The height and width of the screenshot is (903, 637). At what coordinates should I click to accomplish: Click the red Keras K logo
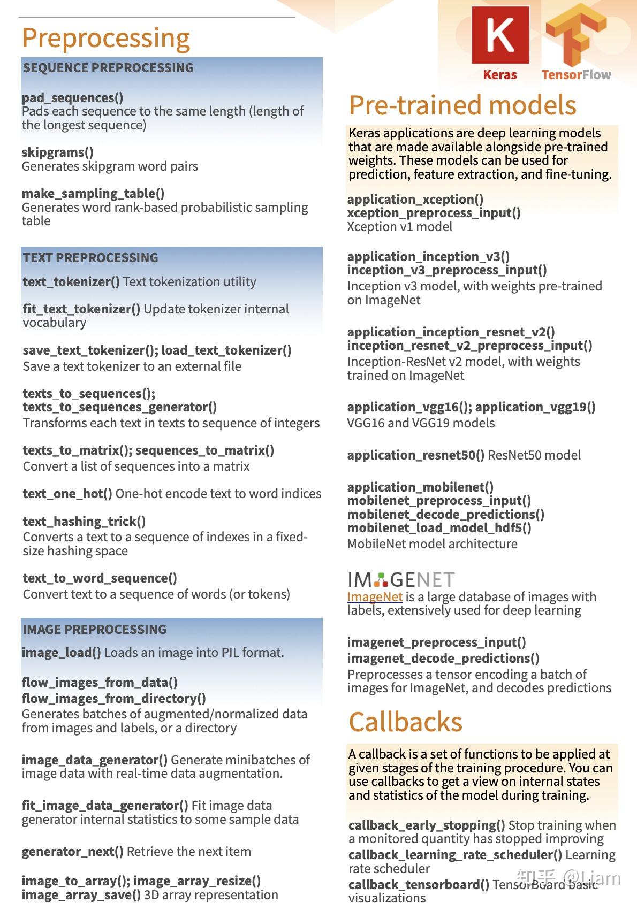tap(500, 36)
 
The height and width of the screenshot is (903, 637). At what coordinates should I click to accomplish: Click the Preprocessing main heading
tap(106, 38)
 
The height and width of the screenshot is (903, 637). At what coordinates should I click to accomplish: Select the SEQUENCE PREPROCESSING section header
tap(108, 68)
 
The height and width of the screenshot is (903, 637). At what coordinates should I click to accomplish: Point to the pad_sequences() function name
tap(72, 98)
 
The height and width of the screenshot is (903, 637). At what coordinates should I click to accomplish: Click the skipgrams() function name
tap(58, 152)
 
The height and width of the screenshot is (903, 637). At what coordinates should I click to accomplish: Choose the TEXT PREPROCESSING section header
tap(90, 258)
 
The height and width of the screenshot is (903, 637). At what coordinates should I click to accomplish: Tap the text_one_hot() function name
tap(67, 494)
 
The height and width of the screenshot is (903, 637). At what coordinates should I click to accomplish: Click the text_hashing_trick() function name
tap(84, 522)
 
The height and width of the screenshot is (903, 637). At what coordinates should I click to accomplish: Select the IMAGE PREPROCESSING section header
tap(95, 630)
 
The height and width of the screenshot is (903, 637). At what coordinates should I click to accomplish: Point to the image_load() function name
tap(62, 653)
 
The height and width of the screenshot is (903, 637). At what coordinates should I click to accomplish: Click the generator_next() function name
tap(73, 852)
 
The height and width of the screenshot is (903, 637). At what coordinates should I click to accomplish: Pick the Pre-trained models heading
tap(462, 105)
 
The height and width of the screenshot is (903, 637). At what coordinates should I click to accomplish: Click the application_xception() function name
tap(415, 200)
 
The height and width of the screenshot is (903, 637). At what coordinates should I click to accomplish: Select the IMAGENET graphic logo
tap(401, 580)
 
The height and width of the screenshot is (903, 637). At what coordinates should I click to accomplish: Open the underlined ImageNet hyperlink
tap(375, 596)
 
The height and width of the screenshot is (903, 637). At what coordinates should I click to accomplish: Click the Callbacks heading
tap(406, 722)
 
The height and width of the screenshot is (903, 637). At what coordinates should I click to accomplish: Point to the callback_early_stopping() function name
tap(427, 825)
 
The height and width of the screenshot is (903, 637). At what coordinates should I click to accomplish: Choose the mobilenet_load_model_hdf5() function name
tap(439, 528)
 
